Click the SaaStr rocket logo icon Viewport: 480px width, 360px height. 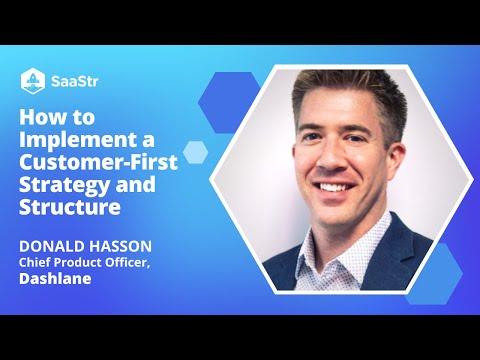(33, 81)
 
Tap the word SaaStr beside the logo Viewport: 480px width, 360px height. (75, 81)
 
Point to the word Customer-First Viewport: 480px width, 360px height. (98, 162)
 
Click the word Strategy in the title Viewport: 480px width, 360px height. (64, 185)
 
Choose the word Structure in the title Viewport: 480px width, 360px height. (70, 207)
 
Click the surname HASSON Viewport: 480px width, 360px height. (120, 246)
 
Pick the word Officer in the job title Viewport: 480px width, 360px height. (127, 263)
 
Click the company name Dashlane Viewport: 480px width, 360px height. (55, 278)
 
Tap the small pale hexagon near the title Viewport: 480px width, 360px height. (195, 152)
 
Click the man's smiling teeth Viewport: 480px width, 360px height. (334, 187)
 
